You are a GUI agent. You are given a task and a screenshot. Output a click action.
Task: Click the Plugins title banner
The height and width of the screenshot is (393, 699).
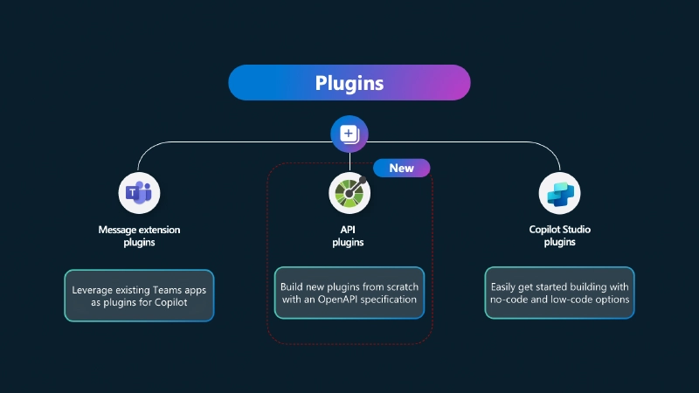point(349,82)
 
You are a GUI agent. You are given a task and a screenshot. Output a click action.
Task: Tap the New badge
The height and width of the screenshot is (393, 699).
point(401,168)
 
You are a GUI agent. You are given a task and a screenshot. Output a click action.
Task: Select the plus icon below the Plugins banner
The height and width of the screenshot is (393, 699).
point(349,134)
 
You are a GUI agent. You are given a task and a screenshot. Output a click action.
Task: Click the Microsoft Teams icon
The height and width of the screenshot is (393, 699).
point(140,193)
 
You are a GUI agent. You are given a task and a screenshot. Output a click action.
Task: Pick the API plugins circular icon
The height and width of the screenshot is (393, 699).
point(349,193)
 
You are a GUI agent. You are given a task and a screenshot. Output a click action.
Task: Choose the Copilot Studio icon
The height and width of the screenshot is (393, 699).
point(559,193)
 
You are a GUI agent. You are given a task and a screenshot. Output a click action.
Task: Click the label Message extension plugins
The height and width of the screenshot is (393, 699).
point(140,236)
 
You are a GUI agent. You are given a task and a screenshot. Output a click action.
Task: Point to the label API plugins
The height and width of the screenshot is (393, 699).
point(349,236)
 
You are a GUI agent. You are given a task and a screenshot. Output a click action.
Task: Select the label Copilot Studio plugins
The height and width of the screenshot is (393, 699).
point(559,236)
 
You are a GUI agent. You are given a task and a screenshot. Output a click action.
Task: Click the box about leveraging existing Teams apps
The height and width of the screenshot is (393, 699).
point(140,295)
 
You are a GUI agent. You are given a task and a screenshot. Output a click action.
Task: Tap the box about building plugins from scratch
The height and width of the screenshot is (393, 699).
point(349,293)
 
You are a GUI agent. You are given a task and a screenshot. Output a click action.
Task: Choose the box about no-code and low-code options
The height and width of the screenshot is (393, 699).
point(559,293)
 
